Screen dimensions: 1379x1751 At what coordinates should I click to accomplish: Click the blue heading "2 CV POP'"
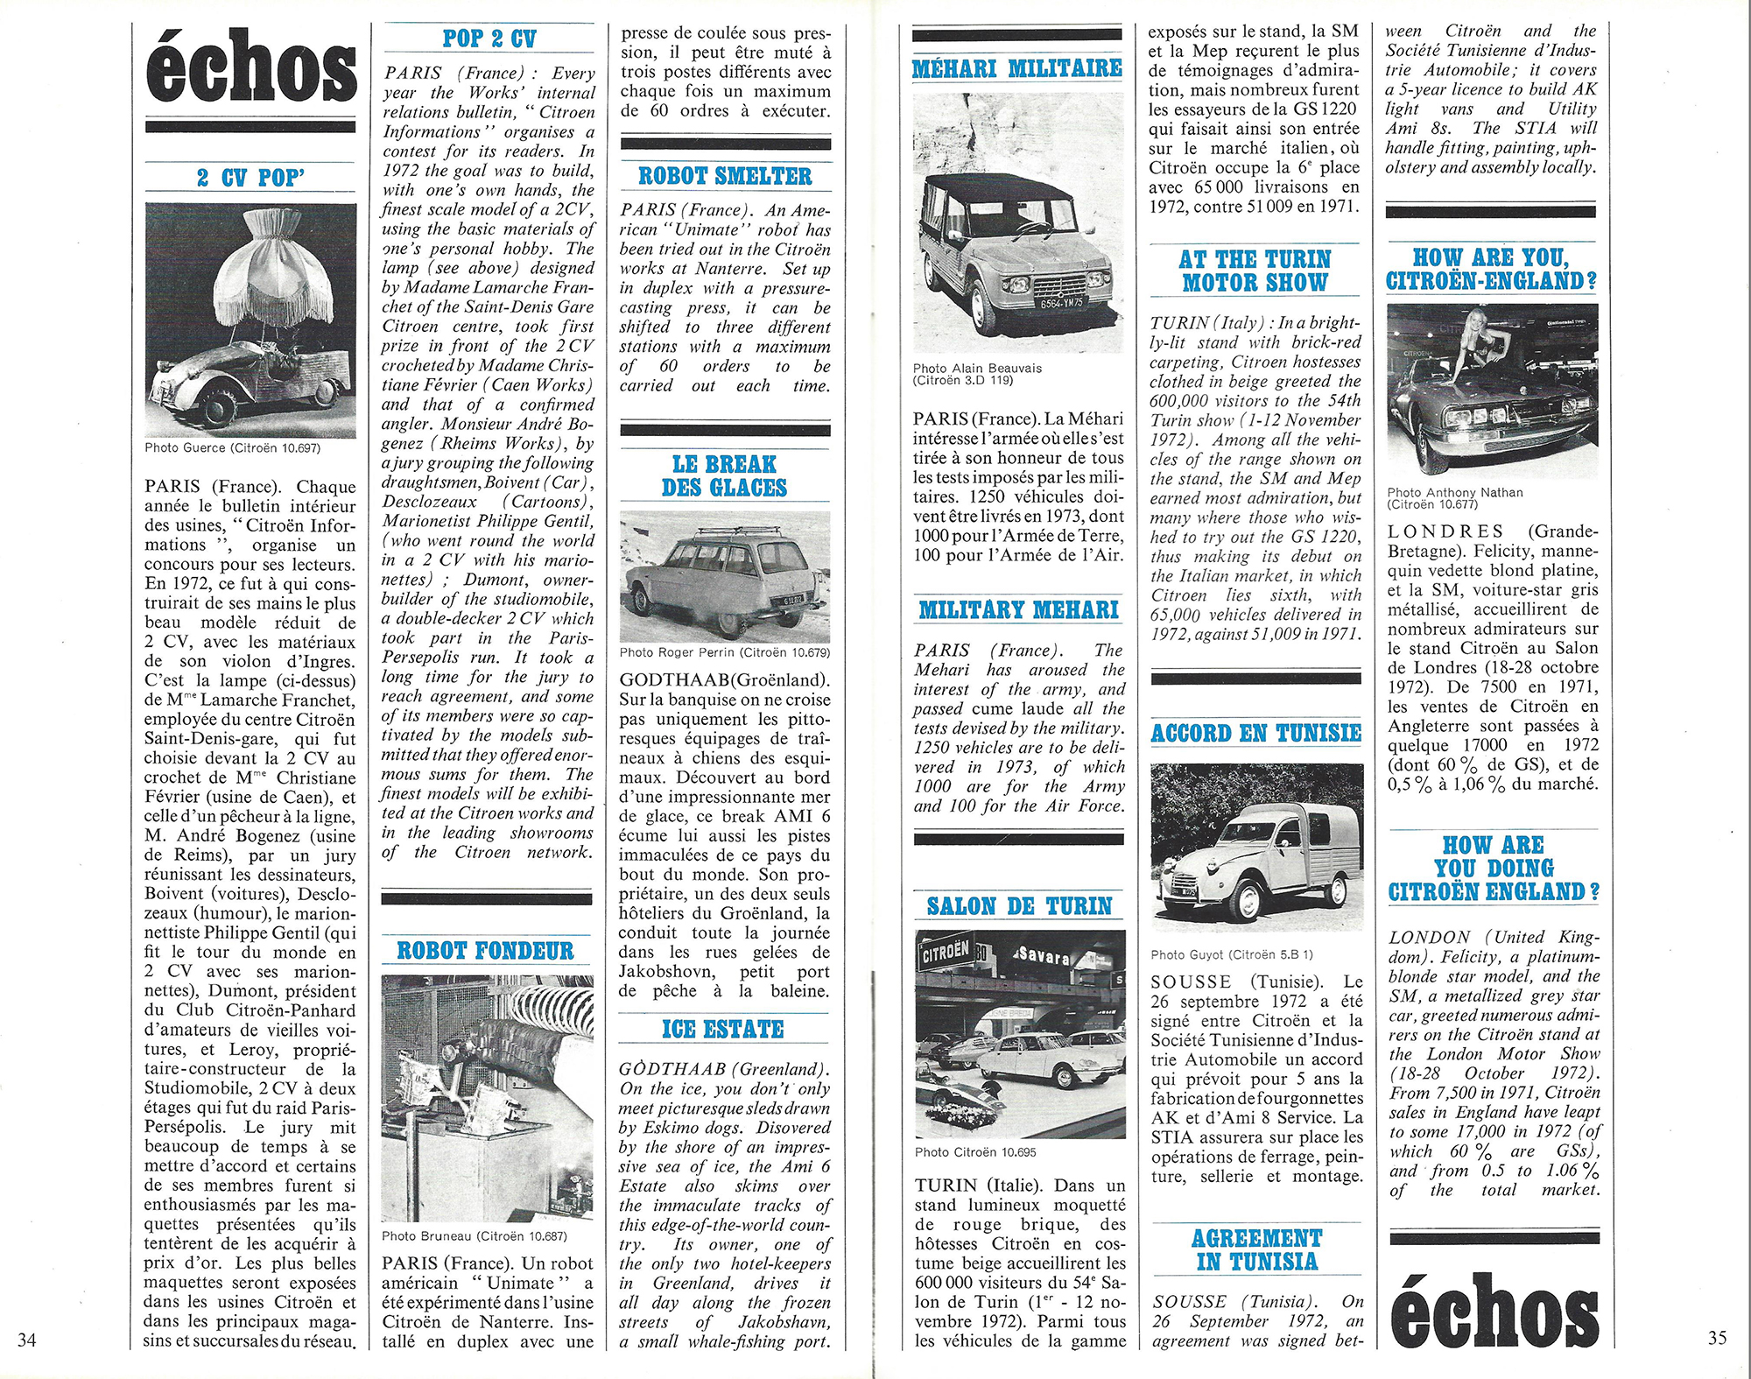point(250,178)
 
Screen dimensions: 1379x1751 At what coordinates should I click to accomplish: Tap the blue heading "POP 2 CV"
point(489,39)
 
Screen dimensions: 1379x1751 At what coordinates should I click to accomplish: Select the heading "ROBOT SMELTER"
point(725,176)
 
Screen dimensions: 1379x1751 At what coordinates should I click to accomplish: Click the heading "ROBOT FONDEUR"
point(485,951)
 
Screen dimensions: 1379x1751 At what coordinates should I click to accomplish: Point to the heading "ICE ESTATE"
point(723,1029)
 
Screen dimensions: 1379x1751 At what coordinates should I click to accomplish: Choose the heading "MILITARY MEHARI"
point(1018,609)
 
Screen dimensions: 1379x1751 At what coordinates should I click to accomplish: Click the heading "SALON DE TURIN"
point(1019,905)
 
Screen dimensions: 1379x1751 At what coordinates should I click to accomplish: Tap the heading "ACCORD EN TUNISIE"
point(1256,733)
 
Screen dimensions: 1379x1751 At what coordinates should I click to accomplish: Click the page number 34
point(27,1339)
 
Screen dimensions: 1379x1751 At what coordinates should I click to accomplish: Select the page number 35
point(1717,1337)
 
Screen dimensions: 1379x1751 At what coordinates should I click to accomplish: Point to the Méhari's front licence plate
point(1061,303)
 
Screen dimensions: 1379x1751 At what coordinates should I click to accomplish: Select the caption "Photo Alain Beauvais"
point(977,368)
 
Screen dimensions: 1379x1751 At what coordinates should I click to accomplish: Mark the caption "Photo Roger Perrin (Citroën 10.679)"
point(724,651)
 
